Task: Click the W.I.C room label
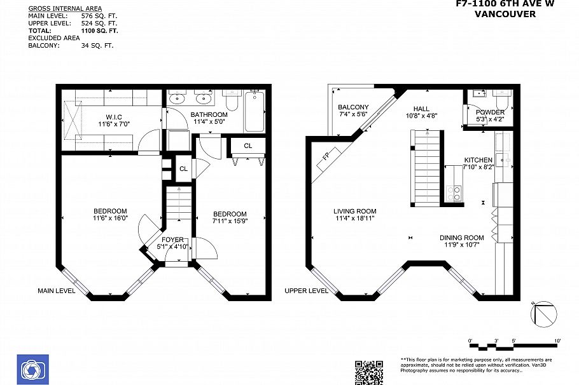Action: point(114,117)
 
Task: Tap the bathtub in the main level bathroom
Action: point(254,111)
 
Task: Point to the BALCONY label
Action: point(353,107)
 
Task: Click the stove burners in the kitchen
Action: point(454,192)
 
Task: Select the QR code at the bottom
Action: point(369,372)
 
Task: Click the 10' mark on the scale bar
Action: point(557,341)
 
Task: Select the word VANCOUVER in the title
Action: point(505,13)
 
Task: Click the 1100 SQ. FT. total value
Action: point(100,30)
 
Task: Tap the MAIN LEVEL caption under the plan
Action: point(56,291)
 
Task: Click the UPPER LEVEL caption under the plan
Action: point(307,291)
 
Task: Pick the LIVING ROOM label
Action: point(354,212)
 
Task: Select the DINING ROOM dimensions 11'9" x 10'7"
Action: point(461,245)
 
